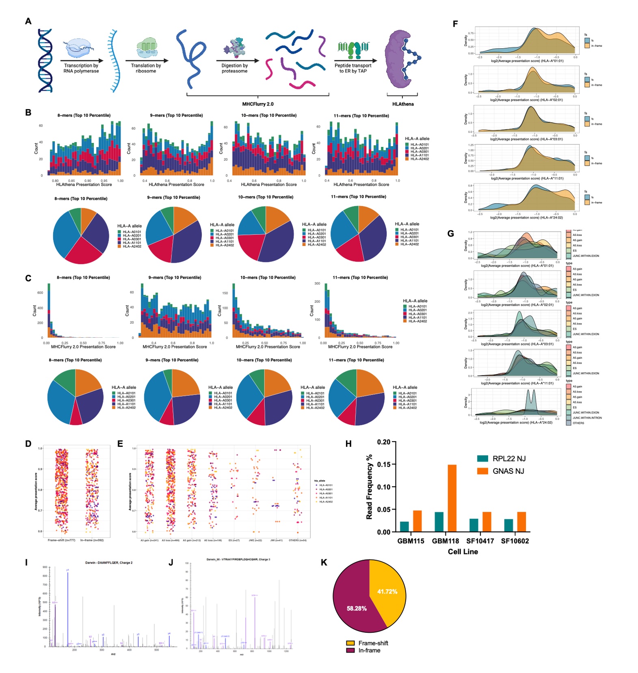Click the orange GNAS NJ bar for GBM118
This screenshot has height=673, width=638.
tap(452, 498)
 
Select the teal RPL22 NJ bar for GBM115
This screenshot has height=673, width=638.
tap(404, 526)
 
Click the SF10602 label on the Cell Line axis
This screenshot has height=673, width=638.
tap(515, 541)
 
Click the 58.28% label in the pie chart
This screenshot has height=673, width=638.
tap(357, 608)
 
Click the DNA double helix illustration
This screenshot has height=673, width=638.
tap(45, 61)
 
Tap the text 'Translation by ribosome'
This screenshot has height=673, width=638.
tap(146, 68)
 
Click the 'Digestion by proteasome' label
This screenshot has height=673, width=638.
tap(234, 68)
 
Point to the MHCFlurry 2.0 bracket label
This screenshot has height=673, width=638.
tap(258, 104)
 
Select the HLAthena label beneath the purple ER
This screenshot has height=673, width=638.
tap(403, 104)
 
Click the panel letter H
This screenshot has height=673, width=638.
tap(348, 444)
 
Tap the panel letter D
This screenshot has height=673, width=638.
tap(28, 444)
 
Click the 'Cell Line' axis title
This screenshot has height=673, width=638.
tap(463, 552)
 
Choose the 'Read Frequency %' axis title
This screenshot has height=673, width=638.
tap(369, 487)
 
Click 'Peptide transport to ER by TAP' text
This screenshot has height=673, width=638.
tap(353, 68)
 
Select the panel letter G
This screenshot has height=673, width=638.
tap(450, 233)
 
